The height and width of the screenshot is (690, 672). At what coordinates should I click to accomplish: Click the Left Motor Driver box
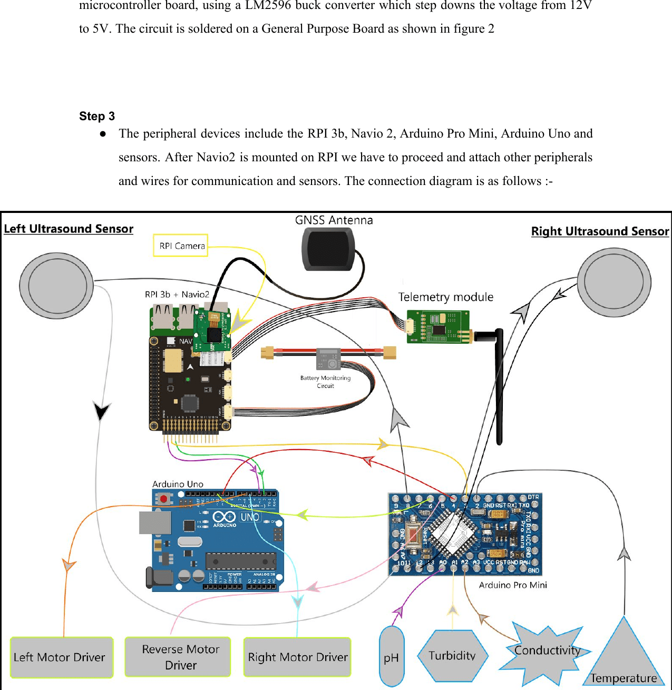pos(62,657)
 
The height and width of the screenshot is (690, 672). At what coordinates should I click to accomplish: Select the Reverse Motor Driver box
pos(178,657)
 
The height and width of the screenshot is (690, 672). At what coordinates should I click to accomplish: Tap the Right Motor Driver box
pos(297,657)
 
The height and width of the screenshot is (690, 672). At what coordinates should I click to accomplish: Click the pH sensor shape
pos(392,657)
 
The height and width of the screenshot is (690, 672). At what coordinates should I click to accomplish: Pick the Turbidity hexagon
pos(452,656)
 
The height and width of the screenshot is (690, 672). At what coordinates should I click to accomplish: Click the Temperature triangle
pos(624,659)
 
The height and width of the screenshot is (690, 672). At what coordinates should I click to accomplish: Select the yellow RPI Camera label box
pos(181,246)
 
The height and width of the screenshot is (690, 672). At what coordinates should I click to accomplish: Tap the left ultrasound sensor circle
pos(56,285)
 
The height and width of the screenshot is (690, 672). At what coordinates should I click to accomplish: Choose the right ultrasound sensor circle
pos(614,282)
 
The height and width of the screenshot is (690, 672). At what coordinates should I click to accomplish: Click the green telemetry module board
pos(438,326)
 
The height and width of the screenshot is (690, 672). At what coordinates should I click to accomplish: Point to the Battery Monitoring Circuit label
pos(325,382)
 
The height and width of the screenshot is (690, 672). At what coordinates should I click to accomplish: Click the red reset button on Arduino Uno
pos(164,498)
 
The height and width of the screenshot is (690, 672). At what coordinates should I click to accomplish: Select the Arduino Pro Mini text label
pos(513,585)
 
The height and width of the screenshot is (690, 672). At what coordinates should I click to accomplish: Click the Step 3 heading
pos(97,116)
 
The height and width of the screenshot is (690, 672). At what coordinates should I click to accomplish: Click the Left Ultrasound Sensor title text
pos(69,229)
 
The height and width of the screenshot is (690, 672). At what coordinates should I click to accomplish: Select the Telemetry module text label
pos(446,297)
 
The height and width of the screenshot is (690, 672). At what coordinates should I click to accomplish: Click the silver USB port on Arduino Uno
pos(155,522)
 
